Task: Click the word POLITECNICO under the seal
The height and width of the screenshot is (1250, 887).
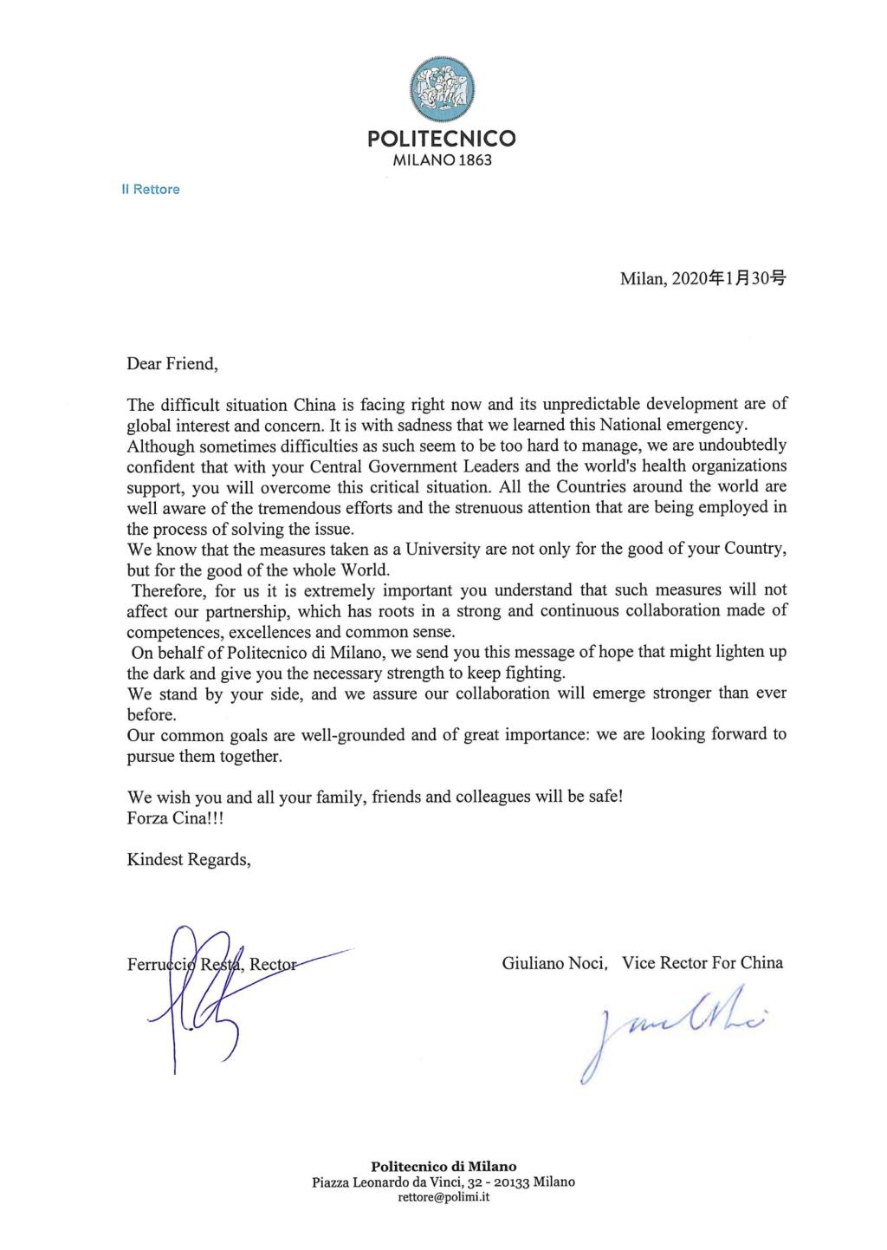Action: pos(442,138)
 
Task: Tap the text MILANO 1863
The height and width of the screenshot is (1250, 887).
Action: pos(442,160)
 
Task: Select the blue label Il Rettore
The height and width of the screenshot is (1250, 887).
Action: pos(151,190)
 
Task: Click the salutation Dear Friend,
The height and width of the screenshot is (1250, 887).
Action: pos(172,363)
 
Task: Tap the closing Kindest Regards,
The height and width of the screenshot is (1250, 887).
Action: pos(189,860)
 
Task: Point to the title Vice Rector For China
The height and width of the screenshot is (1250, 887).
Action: pos(702,963)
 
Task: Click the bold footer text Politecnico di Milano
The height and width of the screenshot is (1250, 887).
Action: pos(443,1167)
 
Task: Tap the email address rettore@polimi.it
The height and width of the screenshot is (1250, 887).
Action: pos(443,1197)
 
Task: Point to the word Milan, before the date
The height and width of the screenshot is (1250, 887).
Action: pos(639,279)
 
